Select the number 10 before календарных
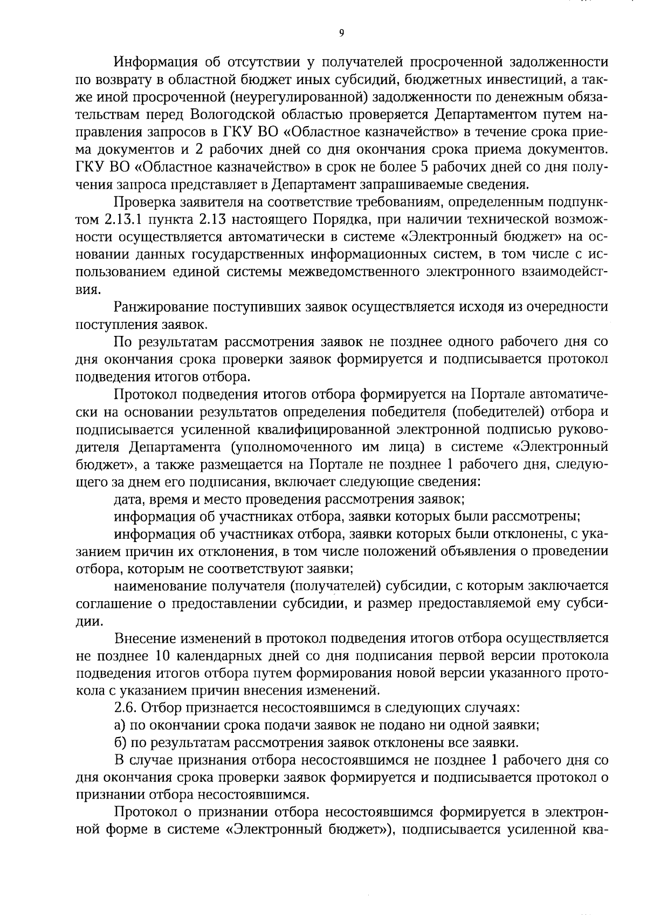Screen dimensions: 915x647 pos(162,656)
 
